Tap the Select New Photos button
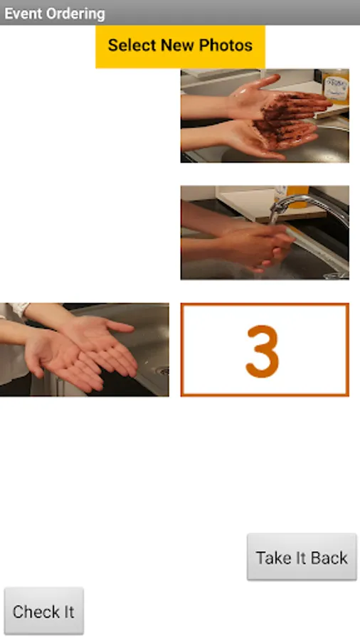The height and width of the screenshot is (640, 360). click(180, 46)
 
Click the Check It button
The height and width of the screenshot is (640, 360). click(43, 611)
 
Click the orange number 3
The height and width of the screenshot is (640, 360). click(263, 351)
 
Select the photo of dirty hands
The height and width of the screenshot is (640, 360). click(265, 116)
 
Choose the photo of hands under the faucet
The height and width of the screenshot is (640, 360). click(265, 233)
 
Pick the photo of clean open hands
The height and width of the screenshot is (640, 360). click(84, 349)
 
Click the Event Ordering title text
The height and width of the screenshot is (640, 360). click(55, 14)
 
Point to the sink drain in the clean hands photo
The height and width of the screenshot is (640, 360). click(163, 370)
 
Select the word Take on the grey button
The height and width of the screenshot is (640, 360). click(273, 558)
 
